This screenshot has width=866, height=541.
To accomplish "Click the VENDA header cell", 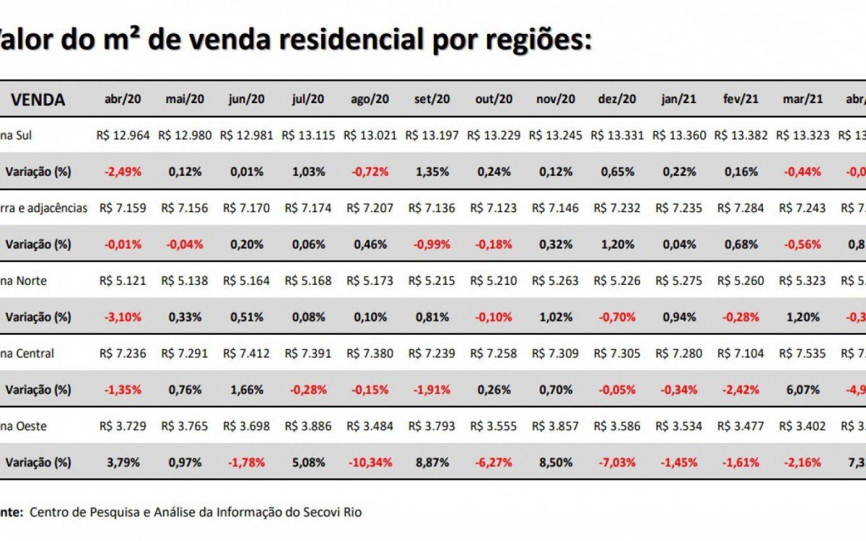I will (x=38, y=100).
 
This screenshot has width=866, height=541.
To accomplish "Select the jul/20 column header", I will (x=308, y=100).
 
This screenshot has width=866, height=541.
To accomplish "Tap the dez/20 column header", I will (x=617, y=100).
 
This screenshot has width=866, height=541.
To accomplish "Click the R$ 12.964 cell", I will (x=123, y=136).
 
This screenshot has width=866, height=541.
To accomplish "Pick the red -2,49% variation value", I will (x=123, y=172).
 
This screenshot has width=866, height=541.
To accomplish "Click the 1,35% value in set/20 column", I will (x=432, y=172).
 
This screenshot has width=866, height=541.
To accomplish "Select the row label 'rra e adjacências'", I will (x=45, y=208).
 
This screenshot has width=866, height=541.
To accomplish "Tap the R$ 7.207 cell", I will (x=370, y=208).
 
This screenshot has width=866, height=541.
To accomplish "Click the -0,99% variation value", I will (x=432, y=245).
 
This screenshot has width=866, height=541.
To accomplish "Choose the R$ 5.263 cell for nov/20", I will (x=555, y=281).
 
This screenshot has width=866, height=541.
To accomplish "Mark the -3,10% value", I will (x=123, y=317).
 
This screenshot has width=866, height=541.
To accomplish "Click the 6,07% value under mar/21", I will (x=802, y=390).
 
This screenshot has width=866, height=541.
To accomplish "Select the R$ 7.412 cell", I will (x=247, y=353).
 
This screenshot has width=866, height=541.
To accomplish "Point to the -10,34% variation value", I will (x=370, y=462).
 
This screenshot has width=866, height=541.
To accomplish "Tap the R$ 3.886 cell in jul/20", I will (x=308, y=426).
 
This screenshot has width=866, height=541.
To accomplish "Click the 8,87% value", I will (x=432, y=462).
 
